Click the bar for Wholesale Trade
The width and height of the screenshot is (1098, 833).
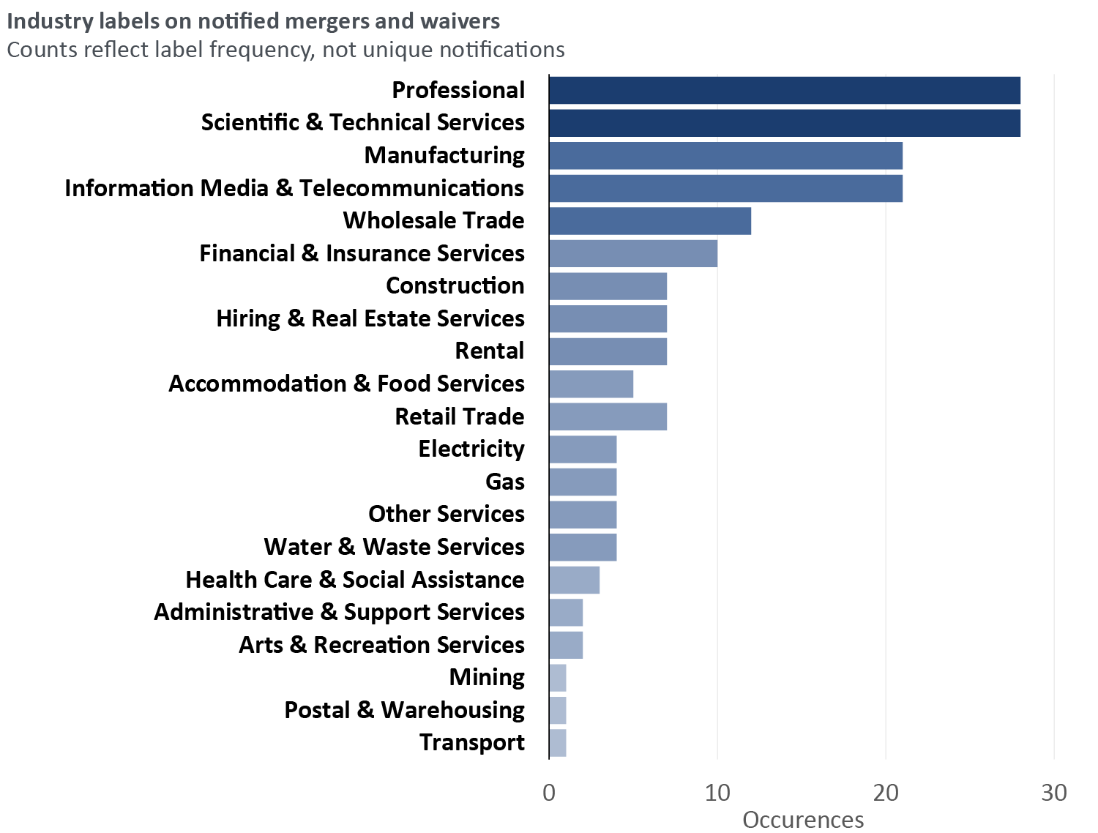coord(650,221)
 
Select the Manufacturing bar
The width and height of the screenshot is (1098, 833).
coord(725,156)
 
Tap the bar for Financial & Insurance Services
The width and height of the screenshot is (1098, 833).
coord(633,253)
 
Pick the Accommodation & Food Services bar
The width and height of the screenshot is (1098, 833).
coord(591,384)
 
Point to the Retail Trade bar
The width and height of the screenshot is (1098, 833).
coord(608,416)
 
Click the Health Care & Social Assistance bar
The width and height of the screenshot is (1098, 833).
coord(574,580)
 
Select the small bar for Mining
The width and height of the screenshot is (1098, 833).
coord(557,678)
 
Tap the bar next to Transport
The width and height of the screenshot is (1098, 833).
coord(557,743)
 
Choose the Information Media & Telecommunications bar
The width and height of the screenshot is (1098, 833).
coord(725,188)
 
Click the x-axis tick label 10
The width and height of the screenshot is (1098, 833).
coord(717,793)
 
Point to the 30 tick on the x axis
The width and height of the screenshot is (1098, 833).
coord(1054,793)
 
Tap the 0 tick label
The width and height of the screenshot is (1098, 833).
coord(549,793)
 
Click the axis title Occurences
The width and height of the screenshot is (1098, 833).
coord(803,820)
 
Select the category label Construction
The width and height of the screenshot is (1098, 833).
coord(455,285)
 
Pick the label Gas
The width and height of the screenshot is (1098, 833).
coord(505,482)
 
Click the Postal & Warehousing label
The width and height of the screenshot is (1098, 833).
coord(404,710)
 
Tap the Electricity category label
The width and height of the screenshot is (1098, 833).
coord(471,449)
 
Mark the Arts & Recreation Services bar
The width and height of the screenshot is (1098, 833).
coord(566,645)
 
